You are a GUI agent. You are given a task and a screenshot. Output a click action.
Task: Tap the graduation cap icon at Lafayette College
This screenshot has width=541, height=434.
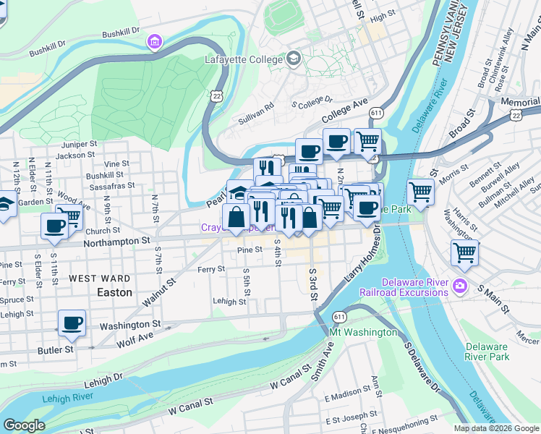point(294,58)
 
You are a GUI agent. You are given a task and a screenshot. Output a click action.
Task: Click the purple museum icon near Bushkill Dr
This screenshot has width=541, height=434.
point(153,42)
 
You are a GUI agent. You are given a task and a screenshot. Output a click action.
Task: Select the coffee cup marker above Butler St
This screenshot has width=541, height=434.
point(71,323)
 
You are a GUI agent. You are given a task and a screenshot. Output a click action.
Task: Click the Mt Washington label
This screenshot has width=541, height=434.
point(363,333)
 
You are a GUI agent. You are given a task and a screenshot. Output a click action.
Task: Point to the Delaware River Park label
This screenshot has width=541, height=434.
point(487,352)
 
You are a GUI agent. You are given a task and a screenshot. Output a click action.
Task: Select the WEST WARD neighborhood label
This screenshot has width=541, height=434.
point(100,278)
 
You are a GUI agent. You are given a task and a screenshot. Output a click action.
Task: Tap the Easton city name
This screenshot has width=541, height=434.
point(114,293)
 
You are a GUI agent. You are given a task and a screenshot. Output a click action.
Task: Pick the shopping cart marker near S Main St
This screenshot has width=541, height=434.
point(464,254)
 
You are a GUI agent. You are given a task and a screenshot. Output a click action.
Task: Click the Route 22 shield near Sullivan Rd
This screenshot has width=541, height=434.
point(215,95)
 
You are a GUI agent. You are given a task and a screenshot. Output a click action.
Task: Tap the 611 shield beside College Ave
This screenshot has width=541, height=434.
point(375,114)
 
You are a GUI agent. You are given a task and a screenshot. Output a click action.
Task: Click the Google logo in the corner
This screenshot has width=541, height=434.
point(24,425)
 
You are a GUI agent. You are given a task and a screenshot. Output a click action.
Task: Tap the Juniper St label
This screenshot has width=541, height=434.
point(80,144)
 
